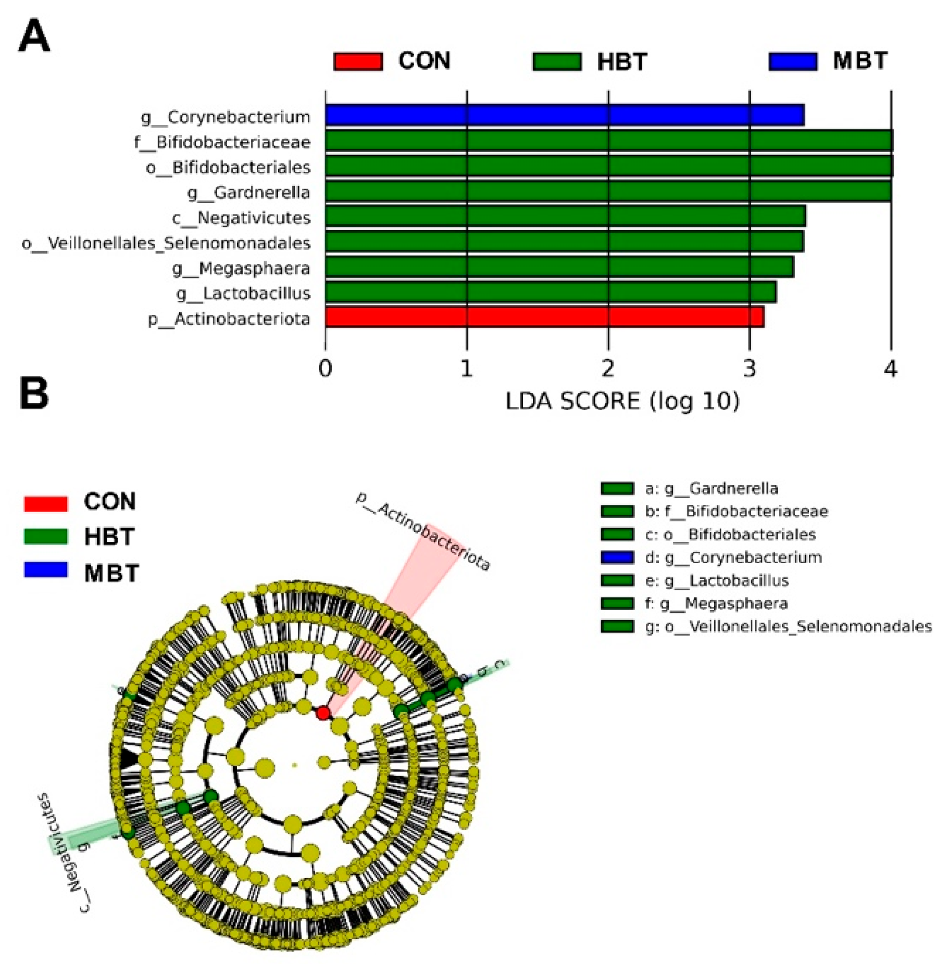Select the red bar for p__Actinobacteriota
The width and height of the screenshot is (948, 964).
pyautogui.click(x=544, y=317)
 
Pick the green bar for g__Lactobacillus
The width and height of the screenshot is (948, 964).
pyautogui.click(x=551, y=292)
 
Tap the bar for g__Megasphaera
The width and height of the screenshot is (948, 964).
pyautogui.click(x=559, y=267)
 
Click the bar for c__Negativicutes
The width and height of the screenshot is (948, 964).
pyautogui.click(x=565, y=216)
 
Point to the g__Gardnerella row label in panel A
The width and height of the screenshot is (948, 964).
pyautogui.click(x=248, y=193)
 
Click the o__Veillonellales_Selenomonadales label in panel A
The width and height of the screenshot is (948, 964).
pyautogui.click(x=166, y=243)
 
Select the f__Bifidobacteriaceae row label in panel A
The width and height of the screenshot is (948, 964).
pyautogui.click(x=222, y=142)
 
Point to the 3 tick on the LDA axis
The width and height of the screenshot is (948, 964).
pyautogui.click(x=749, y=369)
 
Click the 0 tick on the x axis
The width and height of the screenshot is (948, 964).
pyautogui.click(x=326, y=369)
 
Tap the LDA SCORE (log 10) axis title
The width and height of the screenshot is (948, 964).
pyautogui.click(x=622, y=401)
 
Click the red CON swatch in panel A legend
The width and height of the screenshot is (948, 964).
pyautogui.click(x=358, y=61)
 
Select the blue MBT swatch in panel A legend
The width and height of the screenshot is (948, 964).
pyautogui.click(x=793, y=61)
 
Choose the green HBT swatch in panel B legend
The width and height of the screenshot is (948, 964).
pyautogui.click(x=46, y=536)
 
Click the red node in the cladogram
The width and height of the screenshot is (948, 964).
pyautogui.click(x=323, y=713)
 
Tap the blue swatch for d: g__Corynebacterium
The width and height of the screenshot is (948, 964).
pyautogui.click(x=617, y=557)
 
